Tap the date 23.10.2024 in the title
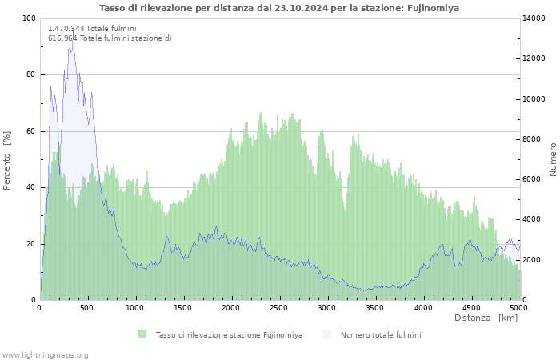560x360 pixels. pyautogui.click(x=301, y=8)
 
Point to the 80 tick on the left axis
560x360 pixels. pyautogui.click(x=31, y=74)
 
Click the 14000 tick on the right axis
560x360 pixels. pyautogui.click(x=534, y=18)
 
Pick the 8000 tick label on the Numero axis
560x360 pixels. pyautogui.click(x=532, y=139)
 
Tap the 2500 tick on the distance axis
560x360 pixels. pyautogui.click(x=278, y=308)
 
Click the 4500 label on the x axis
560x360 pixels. pyautogui.click(x=471, y=308)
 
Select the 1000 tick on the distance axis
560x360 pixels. pyautogui.click(x=134, y=308)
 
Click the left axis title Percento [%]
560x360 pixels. pyautogui.click(x=6, y=160)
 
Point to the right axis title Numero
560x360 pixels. pyautogui.click(x=553, y=159)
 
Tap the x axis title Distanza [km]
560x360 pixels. pyautogui.click(x=486, y=318)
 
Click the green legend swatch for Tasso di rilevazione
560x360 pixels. pyautogui.click(x=142, y=334)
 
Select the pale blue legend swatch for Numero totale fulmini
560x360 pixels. pyautogui.click(x=326, y=334)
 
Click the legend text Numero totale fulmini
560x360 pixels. pyautogui.click(x=381, y=335)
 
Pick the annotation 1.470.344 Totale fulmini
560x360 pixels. pyautogui.click(x=92, y=29)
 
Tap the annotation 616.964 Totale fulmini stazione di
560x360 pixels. pyautogui.click(x=110, y=38)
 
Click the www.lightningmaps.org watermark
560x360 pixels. pyautogui.click(x=45, y=355)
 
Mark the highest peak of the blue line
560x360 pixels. pyautogui.click(x=74, y=31)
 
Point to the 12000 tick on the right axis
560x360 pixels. pyautogui.click(x=534, y=58)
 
